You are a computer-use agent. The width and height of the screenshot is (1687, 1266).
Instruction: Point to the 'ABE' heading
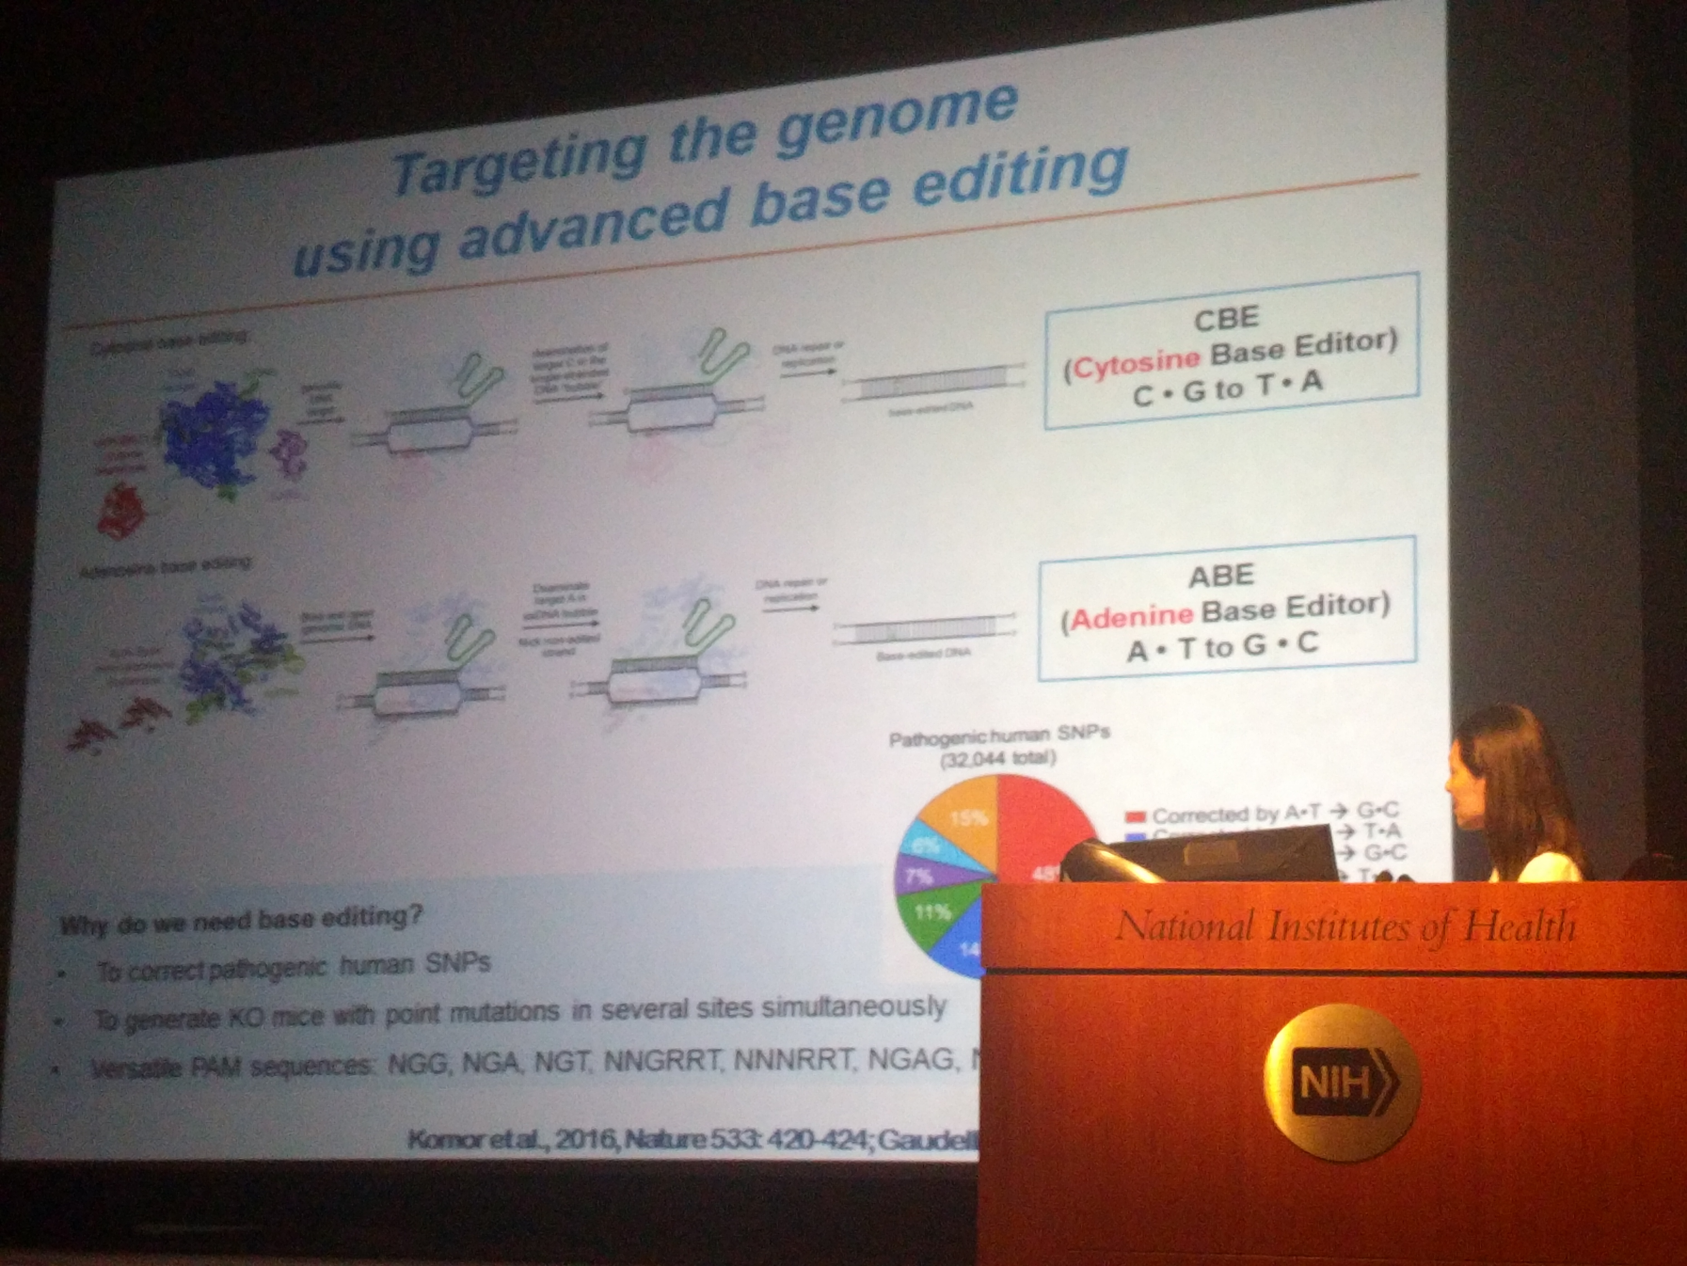[1220, 575]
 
